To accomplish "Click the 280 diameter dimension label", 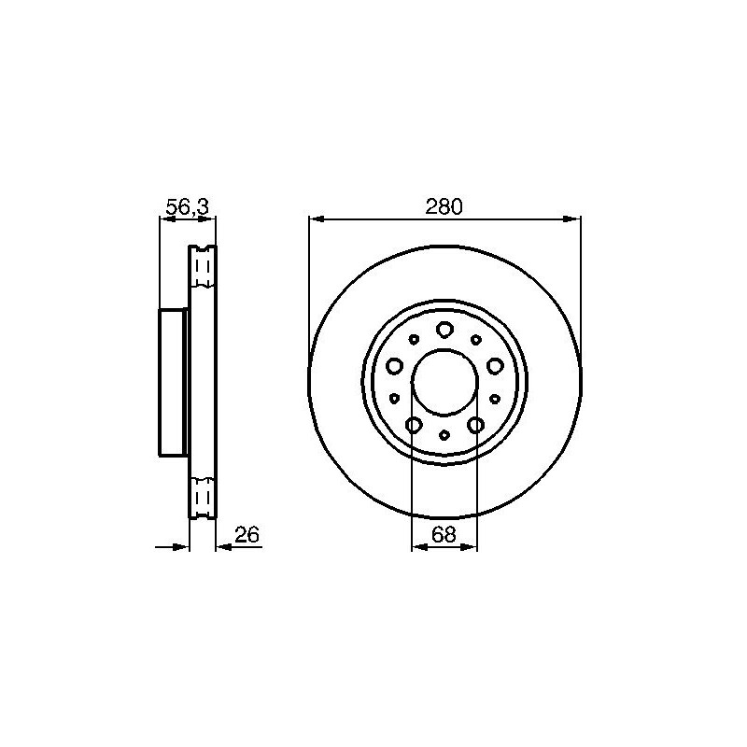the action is click(444, 206).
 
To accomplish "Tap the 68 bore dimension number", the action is click(444, 534).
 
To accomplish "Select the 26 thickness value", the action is click(247, 534).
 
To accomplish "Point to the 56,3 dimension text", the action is click(188, 206).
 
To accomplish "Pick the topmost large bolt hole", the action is click(444, 330).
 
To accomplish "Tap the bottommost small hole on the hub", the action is click(444, 434).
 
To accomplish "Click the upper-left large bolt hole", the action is click(394, 366).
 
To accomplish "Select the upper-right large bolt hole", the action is click(495, 366).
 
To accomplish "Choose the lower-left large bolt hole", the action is click(414, 425).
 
